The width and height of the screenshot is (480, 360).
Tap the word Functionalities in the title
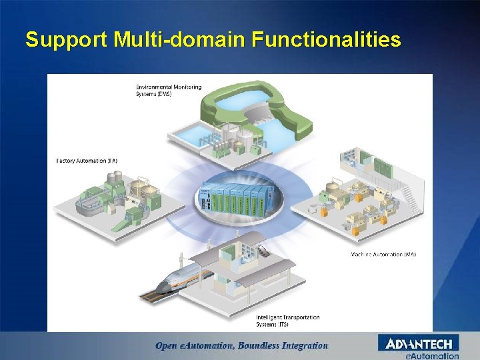[x=326, y=41]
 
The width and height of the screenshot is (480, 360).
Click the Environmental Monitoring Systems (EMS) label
[x=168, y=90]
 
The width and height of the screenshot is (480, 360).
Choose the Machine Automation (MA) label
[x=383, y=254]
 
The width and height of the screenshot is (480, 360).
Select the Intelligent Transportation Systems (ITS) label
[x=287, y=321]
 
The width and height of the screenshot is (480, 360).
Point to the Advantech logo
[x=419, y=343]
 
